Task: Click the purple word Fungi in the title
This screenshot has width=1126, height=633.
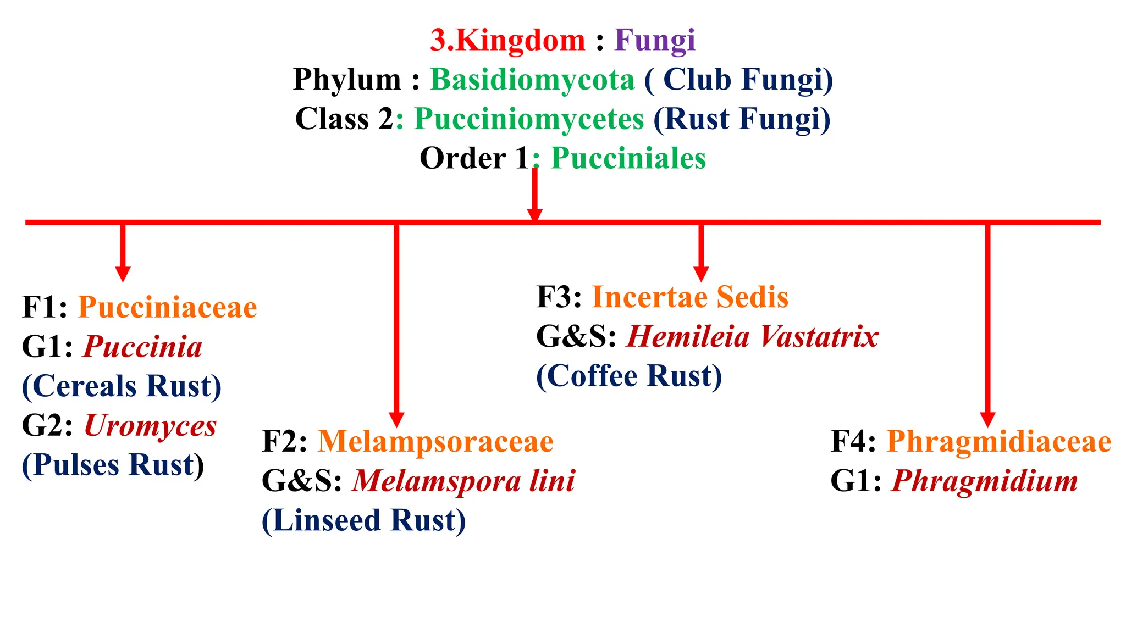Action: pos(654,41)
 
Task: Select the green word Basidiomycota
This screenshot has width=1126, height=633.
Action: pos(532,80)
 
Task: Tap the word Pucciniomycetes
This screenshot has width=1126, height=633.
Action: pos(528,119)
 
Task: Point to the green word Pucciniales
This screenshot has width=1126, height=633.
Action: pos(628,159)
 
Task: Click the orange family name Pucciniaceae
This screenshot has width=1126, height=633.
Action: pos(167,307)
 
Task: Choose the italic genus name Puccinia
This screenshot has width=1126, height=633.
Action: pos(143,347)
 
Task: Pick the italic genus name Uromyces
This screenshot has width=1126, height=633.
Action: pos(150,426)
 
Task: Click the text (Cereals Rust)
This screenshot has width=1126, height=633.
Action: pos(122,386)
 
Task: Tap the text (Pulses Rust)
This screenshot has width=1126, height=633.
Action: pos(113,465)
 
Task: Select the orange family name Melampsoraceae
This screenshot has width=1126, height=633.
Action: pos(435,442)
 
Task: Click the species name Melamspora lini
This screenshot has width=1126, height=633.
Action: pos(463,481)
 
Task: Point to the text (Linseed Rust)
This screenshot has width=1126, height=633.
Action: pos(363,520)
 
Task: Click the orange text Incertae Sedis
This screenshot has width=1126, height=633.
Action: pos(689,297)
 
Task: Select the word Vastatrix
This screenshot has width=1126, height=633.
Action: pos(820,337)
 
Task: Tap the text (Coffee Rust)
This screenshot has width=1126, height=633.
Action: pos(629,376)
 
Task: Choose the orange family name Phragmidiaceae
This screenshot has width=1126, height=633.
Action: pos(998,442)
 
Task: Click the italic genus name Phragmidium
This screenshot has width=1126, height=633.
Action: pos(984,481)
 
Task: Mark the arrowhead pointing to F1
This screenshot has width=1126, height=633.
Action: pos(123,273)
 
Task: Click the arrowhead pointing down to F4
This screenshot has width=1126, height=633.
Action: pos(987,419)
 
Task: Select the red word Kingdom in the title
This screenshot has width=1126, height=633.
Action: pos(520,41)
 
